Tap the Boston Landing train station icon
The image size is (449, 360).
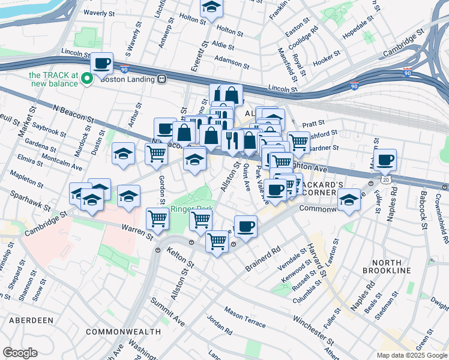point(161,79)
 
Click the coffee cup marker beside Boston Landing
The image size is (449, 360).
point(102,63)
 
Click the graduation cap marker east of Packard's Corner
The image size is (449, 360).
point(348,200)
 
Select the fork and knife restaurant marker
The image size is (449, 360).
point(231,140)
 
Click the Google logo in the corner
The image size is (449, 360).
point(20,353)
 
